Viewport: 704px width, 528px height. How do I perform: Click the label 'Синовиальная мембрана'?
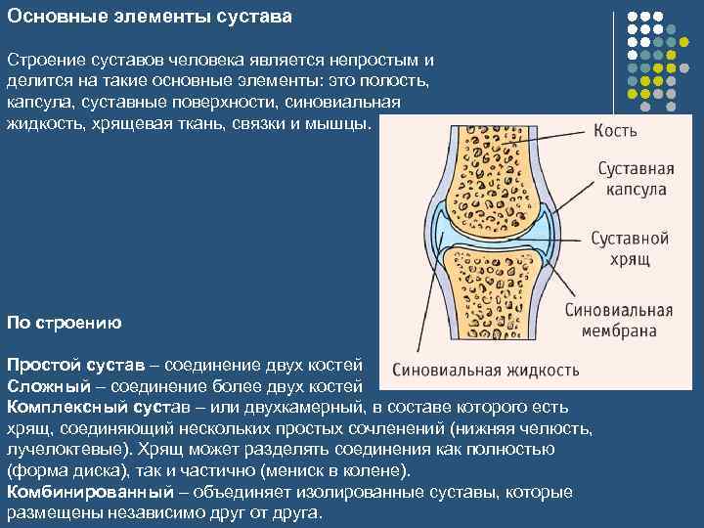619,321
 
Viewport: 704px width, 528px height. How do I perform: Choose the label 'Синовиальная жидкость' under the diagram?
485,371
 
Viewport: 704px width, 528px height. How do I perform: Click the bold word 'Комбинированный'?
82,492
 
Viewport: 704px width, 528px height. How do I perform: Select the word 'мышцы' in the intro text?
341,122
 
